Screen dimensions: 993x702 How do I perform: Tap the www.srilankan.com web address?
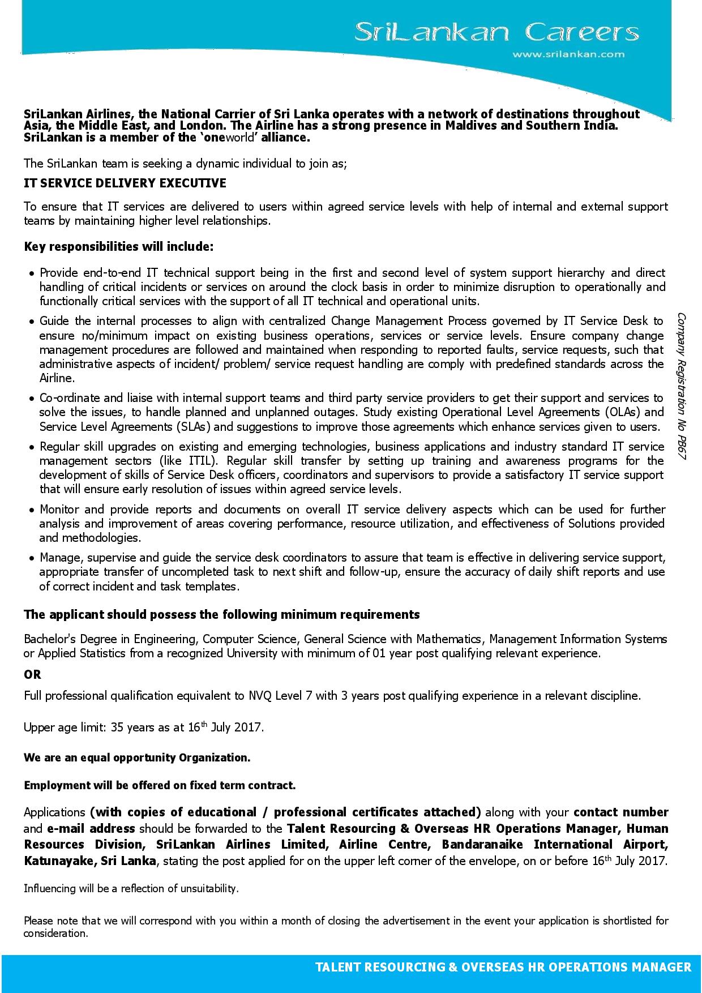pyautogui.click(x=568, y=54)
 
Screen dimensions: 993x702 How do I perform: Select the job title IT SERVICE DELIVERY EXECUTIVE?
pyautogui.click(x=125, y=183)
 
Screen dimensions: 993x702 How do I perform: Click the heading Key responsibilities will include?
pyautogui.click(x=119, y=247)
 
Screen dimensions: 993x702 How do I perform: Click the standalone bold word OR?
pyautogui.click(x=32, y=675)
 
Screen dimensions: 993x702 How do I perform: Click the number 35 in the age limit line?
pyautogui.click(x=117, y=727)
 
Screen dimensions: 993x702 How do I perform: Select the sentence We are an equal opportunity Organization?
pyautogui.click(x=137, y=757)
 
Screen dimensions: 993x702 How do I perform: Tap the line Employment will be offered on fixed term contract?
pyautogui.click(x=160, y=785)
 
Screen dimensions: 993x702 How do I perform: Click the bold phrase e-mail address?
pyautogui.click(x=91, y=829)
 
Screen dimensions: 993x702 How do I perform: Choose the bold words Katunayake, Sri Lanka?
pyautogui.click(x=89, y=861)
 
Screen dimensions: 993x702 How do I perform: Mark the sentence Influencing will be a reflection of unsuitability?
pyautogui.click(x=131, y=889)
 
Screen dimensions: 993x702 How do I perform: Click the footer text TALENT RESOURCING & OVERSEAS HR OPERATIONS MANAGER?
pyautogui.click(x=503, y=968)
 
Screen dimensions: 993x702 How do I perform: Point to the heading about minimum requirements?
pyautogui.click(x=222, y=615)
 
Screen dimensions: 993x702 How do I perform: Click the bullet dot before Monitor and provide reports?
pyautogui.click(x=32, y=511)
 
